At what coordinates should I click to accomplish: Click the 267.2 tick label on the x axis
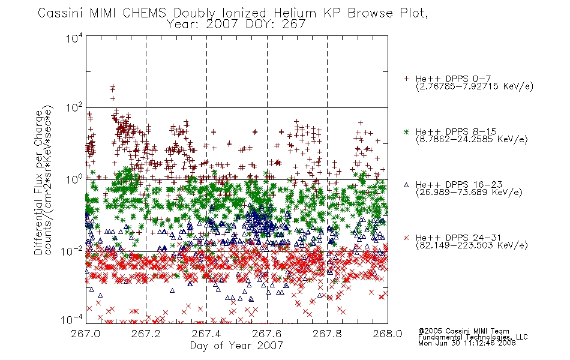click(x=146, y=334)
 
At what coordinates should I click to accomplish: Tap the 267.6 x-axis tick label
click(x=267, y=334)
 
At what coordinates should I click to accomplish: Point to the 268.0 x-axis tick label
click(x=388, y=334)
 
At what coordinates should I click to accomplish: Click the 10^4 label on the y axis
click(x=74, y=38)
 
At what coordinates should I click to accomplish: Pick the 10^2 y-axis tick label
click(x=74, y=108)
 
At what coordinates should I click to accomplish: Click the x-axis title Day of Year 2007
click(x=236, y=346)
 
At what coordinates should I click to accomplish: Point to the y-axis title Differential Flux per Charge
click(x=38, y=182)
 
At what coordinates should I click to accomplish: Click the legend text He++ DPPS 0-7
click(x=453, y=79)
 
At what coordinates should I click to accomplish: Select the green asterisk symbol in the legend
click(x=406, y=132)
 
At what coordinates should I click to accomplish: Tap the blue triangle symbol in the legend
click(x=406, y=185)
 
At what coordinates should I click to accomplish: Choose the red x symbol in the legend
click(x=406, y=238)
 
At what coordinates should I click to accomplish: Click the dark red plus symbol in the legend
click(x=406, y=79)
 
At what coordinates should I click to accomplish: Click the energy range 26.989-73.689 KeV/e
click(x=469, y=193)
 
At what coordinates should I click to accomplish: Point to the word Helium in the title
click(x=295, y=13)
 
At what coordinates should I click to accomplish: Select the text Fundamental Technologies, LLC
click(x=473, y=337)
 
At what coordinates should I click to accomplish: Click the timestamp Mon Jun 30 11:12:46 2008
click(x=467, y=343)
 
